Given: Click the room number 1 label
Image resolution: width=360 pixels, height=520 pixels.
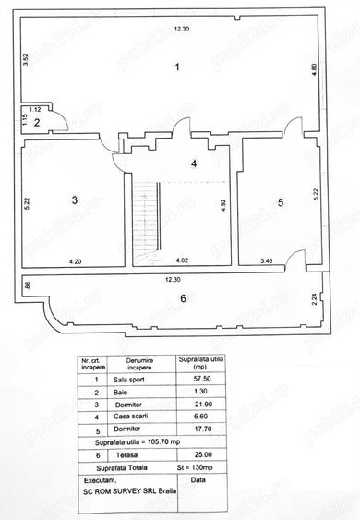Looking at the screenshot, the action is (x=179, y=67).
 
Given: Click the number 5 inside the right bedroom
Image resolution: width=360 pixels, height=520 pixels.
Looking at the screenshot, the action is (x=282, y=201).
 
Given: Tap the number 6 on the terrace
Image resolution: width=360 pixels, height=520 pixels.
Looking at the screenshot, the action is (x=183, y=297).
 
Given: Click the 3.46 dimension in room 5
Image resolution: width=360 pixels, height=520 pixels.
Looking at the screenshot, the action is (x=267, y=261).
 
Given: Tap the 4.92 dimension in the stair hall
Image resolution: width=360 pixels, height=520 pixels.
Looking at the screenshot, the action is (x=222, y=206).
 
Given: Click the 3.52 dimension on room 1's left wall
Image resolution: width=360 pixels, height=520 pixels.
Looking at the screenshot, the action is (x=29, y=62).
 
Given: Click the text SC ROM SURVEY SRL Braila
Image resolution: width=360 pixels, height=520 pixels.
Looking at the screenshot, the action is (x=131, y=490).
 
